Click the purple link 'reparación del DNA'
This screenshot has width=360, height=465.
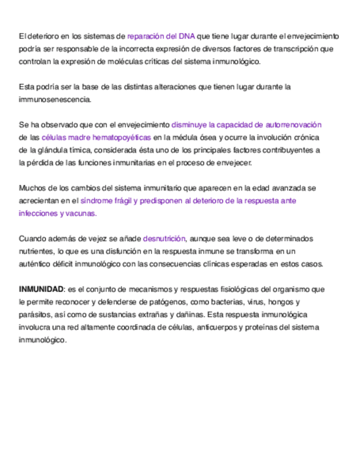pos(161,36)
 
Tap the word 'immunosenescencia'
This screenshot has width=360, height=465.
pos(54,100)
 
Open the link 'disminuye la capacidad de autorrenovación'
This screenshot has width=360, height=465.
pos(246,125)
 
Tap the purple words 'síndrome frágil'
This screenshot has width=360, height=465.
pos(106,201)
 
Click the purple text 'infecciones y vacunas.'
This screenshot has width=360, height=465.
pos(58,213)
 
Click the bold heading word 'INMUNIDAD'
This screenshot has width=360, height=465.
pos(41,289)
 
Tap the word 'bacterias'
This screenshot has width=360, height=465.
pos(220,302)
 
